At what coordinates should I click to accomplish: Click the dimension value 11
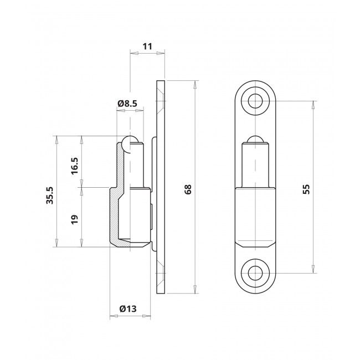(x=147, y=47)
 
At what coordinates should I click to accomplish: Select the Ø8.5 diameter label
(x=127, y=104)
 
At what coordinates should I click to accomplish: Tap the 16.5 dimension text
(x=75, y=166)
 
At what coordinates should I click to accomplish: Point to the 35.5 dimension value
(x=50, y=195)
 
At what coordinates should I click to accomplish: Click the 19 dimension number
(x=75, y=219)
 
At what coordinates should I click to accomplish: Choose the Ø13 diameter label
(x=128, y=309)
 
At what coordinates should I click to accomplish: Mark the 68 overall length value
(x=188, y=189)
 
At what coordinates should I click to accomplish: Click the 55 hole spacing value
(x=306, y=189)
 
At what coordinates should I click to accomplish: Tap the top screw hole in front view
(x=255, y=101)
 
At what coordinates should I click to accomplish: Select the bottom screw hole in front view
(x=255, y=273)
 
